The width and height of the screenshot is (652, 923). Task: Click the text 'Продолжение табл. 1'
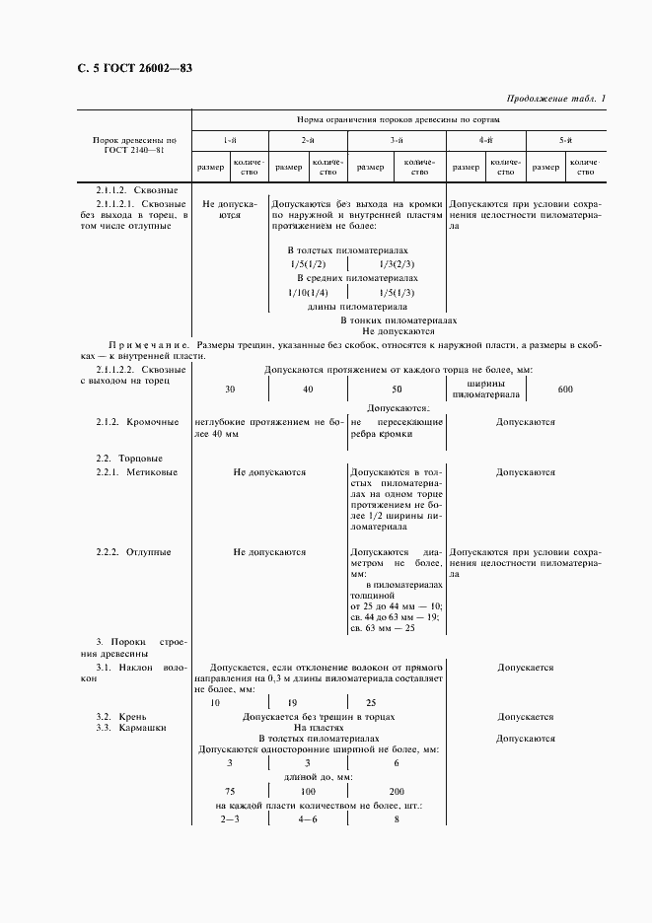click(556, 98)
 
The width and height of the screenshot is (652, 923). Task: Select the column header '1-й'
click(229, 141)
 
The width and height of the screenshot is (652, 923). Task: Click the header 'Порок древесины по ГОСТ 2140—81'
click(134, 147)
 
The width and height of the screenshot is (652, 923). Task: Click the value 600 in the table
click(565, 390)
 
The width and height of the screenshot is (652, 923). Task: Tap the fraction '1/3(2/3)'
click(396, 264)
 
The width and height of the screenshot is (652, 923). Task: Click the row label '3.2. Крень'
click(115, 716)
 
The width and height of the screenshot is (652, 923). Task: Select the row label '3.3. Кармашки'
click(131, 727)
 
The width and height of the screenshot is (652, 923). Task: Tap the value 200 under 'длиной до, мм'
click(397, 792)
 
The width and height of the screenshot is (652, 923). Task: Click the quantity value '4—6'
click(308, 819)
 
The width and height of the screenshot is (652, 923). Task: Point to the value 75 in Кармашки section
click(229, 792)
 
